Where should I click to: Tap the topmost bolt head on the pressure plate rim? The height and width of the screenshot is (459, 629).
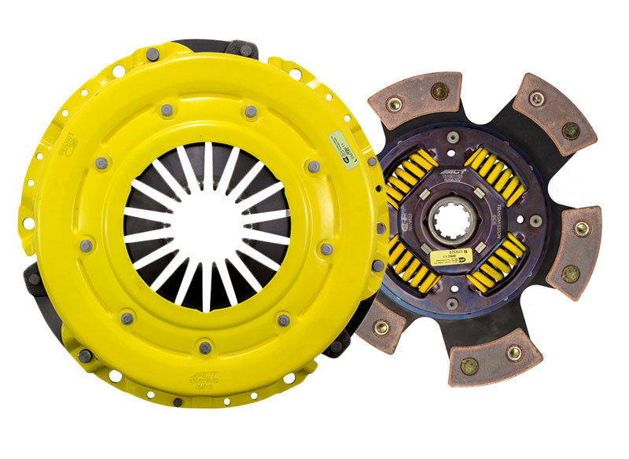[152, 54]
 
